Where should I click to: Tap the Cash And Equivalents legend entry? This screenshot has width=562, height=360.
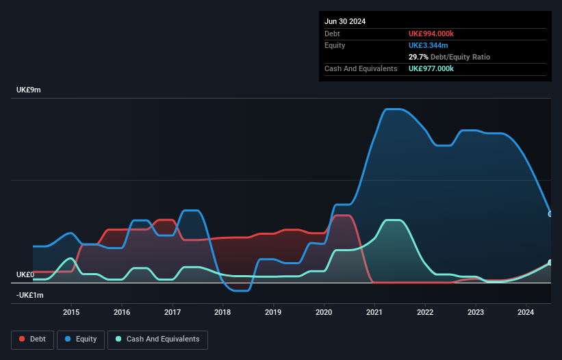157,339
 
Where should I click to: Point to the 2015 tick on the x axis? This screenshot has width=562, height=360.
71,313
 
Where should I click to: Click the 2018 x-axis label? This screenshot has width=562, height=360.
222,313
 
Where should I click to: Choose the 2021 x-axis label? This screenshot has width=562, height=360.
374,313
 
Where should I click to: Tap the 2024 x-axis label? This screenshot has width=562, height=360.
526,313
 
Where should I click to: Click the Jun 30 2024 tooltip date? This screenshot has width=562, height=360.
345,21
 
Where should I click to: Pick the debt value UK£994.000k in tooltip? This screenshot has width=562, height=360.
431,34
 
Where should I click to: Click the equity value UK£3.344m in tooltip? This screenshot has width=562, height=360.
429,45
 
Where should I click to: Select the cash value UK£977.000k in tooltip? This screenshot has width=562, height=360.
431,68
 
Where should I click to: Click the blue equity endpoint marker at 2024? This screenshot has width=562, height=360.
550,214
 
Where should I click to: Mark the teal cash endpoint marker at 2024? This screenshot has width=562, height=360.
550,263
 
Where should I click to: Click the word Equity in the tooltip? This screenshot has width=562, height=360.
335,45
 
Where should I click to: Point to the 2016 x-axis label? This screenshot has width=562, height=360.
122,313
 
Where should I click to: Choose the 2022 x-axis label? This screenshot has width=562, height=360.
425,313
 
